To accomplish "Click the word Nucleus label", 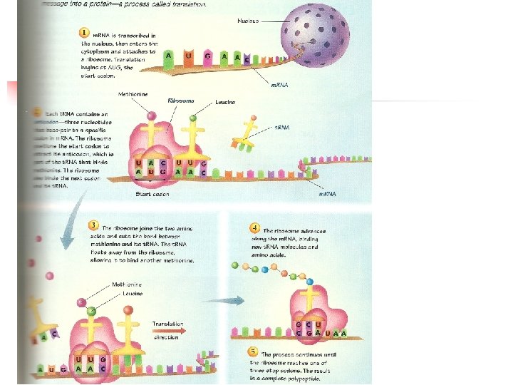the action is click(249, 21).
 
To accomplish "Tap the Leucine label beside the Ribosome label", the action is click(225, 102).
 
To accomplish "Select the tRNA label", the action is click(283, 128).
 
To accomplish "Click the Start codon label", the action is click(152, 194).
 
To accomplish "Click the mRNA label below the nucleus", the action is click(280, 85).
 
